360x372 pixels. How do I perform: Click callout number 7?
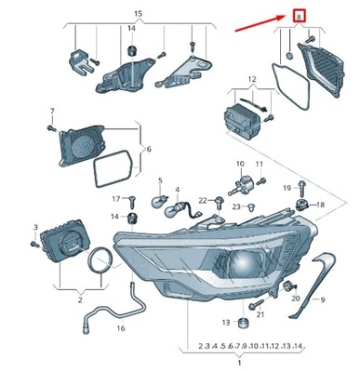pyautogui.click(x=52, y=112)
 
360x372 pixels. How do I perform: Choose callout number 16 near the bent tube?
pyautogui.click(x=121, y=327)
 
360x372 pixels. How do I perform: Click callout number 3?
pyautogui.click(x=35, y=228)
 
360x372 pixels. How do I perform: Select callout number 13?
pyautogui.click(x=225, y=322)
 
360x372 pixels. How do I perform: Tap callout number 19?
pyautogui.click(x=287, y=188)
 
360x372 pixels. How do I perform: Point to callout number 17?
pyautogui.click(x=116, y=199)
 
